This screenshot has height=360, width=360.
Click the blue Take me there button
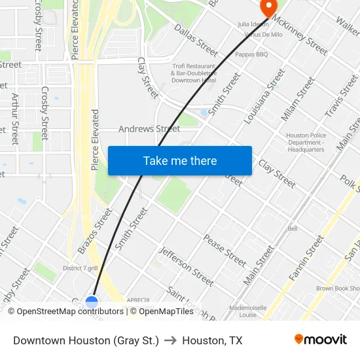coord(180,160)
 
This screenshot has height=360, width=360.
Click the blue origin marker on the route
coord(92,302)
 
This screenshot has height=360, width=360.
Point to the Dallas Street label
coord(196,40)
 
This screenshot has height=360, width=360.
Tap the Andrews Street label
coord(149,129)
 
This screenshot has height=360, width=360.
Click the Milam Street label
coord(293,102)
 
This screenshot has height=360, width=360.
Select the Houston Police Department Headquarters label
coord(305,143)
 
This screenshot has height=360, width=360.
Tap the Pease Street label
coord(225,251)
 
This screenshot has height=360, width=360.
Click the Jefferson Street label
coord(187,266)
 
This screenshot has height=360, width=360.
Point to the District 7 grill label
coord(81,268)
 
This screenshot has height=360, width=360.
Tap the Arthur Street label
coord(15,118)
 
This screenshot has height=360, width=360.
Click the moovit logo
coord(321,340)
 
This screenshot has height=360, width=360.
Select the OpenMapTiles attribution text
coord(167,312)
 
